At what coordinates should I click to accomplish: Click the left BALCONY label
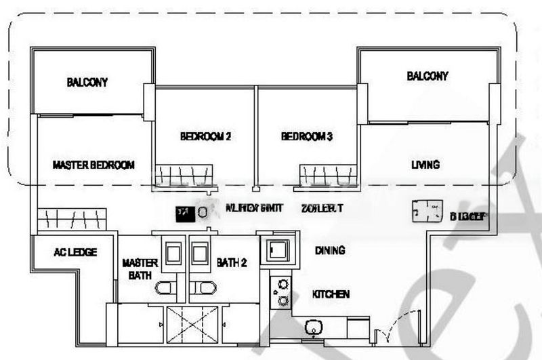87,83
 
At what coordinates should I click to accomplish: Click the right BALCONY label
427,76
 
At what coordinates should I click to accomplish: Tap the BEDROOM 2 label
205,136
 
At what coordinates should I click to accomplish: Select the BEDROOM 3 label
307,136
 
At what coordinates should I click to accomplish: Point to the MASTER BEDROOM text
93,165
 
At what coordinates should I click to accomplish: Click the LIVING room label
425,164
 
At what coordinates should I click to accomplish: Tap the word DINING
330,250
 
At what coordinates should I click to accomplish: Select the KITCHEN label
331,294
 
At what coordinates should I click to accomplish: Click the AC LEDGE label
75,252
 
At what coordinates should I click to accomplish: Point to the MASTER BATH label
140,269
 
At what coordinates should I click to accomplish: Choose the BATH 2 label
232,262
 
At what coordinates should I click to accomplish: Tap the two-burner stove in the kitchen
279,293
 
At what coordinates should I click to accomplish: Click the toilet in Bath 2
201,287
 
